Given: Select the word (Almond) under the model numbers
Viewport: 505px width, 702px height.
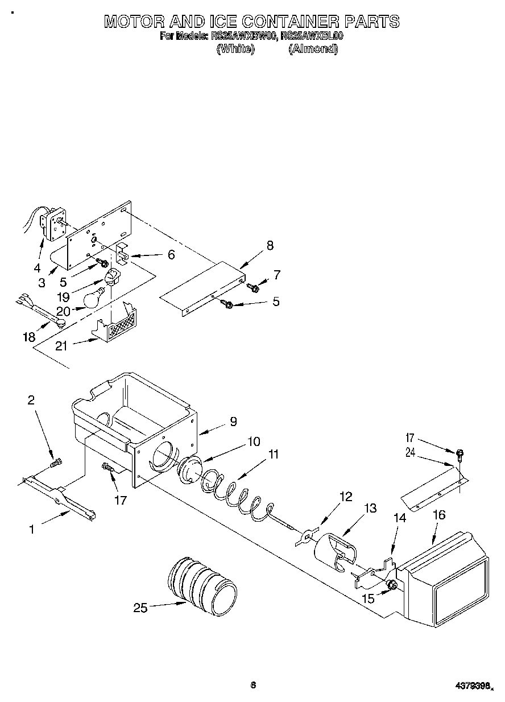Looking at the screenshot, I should [313, 49].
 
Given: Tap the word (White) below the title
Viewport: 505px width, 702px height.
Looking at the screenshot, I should [235, 49].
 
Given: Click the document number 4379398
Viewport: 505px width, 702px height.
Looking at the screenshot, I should [471, 686].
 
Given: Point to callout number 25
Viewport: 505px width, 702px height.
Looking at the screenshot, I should [140, 608].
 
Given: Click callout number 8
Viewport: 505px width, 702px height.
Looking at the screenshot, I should [270, 245].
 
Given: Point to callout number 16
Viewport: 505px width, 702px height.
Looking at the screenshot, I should [439, 515].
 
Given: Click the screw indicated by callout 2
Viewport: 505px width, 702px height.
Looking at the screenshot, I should [56, 464].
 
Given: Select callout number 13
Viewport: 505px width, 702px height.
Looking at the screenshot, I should [370, 508].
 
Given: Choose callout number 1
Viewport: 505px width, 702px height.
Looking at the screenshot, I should [32, 529].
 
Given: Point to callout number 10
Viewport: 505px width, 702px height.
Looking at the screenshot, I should [254, 441].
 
